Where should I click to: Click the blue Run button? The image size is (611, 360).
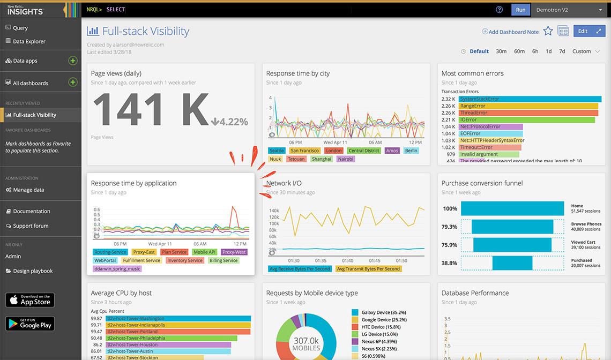point(520,10)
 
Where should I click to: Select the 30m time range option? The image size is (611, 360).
point(501,51)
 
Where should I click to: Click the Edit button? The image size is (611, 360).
point(583,31)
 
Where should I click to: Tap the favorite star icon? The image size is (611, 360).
point(548,31)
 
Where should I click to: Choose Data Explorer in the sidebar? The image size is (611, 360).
point(29,41)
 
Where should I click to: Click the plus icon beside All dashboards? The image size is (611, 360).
point(73,82)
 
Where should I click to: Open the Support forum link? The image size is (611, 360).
point(31,226)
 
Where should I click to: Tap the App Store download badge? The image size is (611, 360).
point(30,300)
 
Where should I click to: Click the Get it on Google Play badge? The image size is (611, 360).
point(30,324)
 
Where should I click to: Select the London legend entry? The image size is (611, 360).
point(333,151)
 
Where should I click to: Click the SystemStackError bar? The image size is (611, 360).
point(528,99)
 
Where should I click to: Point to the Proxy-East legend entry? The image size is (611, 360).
point(144,252)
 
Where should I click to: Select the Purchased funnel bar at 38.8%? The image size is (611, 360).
point(512,263)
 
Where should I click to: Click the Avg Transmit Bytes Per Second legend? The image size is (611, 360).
point(369,268)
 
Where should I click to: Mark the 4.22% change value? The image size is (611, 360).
point(230,122)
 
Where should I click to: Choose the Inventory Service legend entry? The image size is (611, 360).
point(184,260)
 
